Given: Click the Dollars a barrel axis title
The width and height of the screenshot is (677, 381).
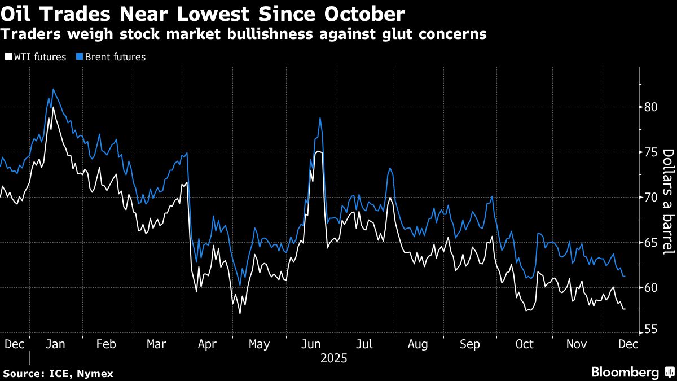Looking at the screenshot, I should [x=667, y=202].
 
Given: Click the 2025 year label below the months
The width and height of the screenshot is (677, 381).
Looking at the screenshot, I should [x=333, y=358].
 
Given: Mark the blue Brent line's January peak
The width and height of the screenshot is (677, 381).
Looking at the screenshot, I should [x=53, y=89].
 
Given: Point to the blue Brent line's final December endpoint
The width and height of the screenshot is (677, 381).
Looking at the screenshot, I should [x=625, y=277].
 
